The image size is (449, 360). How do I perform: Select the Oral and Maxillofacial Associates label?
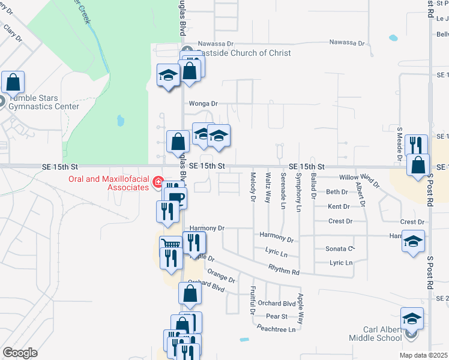pyautogui.click(x=109, y=182)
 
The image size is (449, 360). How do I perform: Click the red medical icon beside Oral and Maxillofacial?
pyautogui.click(x=158, y=182)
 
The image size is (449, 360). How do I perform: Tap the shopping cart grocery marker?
pyautogui.click(x=170, y=246)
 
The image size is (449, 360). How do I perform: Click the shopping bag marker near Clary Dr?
pyautogui.click(x=13, y=82)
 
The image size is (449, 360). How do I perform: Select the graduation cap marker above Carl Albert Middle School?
pyautogui.click(x=412, y=318)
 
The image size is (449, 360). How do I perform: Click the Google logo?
pyautogui.click(x=20, y=352)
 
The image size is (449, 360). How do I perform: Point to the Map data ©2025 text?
pyautogui.click(x=424, y=355)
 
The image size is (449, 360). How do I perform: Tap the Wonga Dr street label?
pyautogui.click(x=203, y=103)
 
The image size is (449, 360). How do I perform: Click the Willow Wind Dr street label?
pyautogui.click(x=360, y=179)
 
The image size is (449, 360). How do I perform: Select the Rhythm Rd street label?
pyautogui.click(x=284, y=271)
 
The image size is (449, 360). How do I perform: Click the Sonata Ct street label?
pyautogui.click(x=339, y=248)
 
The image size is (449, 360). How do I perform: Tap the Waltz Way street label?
pyautogui.click(x=268, y=187)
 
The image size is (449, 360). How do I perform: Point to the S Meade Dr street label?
pyautogui.click(x=399, y=144)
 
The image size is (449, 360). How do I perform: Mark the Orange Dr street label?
pyautogui.click(x=221, y=277)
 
